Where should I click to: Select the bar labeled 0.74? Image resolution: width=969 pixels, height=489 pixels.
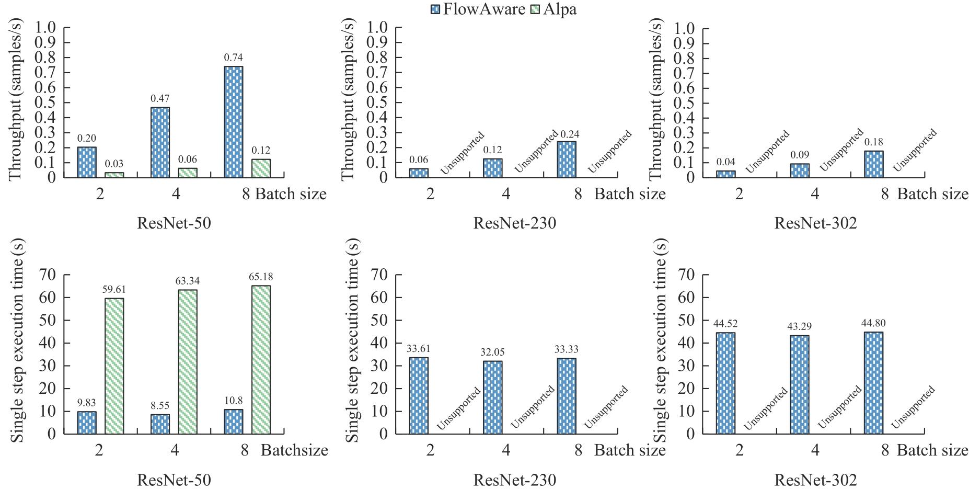point(234,122)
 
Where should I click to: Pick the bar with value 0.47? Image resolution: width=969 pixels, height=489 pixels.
point(160,142)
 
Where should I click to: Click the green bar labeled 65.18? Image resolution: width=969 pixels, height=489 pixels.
point(261,359)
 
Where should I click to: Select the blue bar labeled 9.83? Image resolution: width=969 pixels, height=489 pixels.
point(87,423)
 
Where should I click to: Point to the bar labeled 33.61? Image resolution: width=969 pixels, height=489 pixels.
point(419,395)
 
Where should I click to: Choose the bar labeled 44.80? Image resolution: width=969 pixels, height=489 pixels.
point(873,383)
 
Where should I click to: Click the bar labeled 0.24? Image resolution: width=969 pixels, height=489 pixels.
point(567,160)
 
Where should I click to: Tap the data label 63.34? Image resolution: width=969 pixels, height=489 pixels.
point(187,282)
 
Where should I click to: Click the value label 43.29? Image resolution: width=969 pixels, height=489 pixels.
point(799,327)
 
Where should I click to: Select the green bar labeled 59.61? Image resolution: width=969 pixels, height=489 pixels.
point(114,366)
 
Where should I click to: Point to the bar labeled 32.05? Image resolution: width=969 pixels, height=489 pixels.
point(493,397)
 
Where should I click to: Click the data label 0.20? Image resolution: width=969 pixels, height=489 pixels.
point(87,139)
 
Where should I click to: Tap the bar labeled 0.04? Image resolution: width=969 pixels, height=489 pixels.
point(725,174)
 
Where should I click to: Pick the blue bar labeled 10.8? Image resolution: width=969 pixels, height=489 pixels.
point(234,422)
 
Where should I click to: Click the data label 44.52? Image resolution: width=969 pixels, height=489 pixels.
point(725,324)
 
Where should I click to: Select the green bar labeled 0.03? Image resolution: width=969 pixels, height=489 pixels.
point(114,175)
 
